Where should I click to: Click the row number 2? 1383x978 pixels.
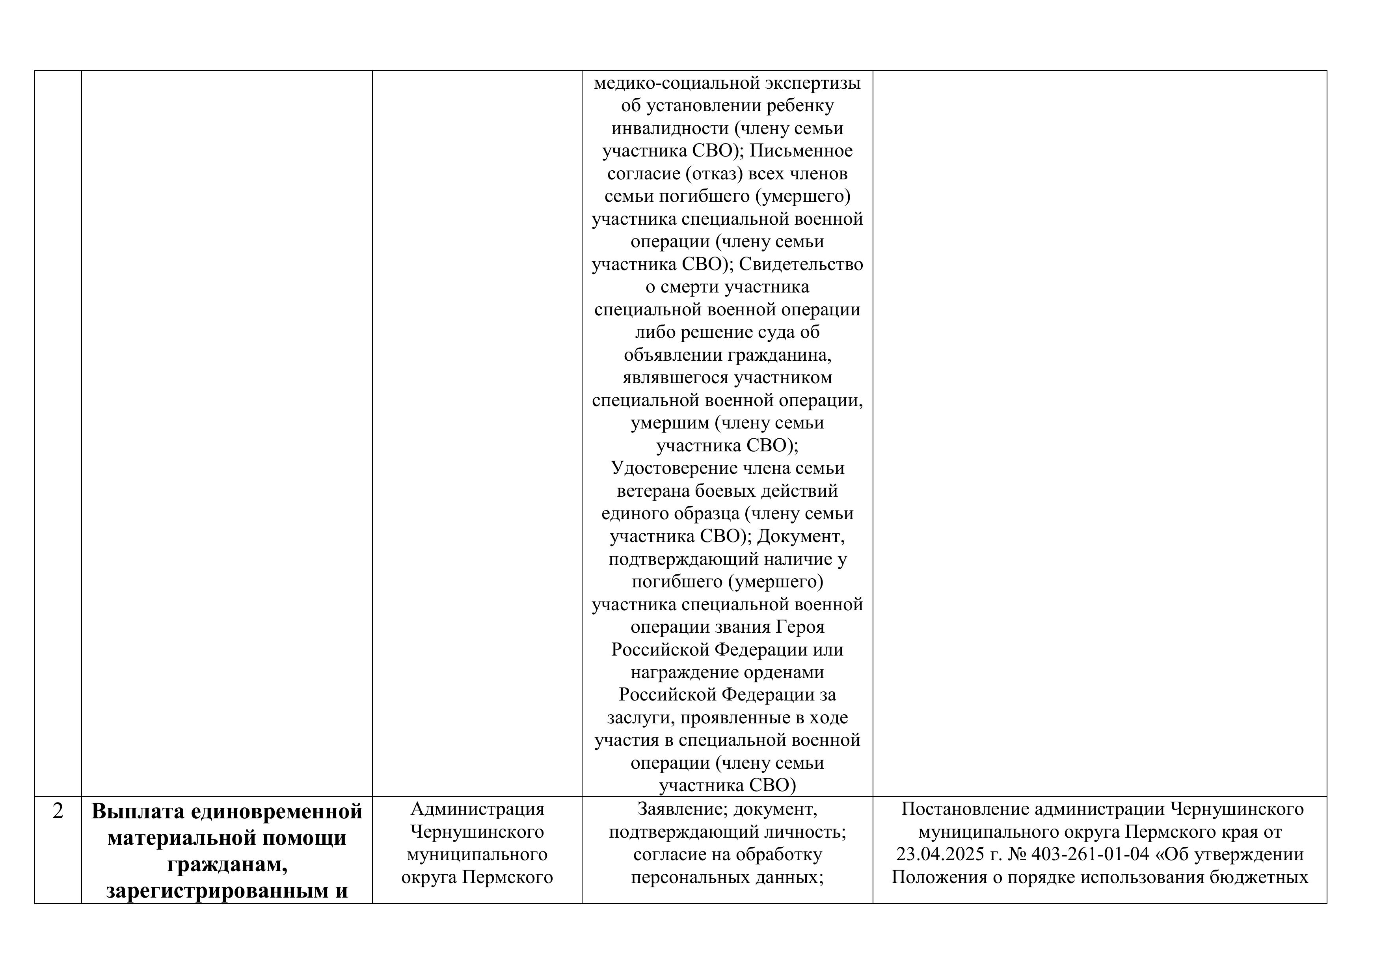(58, 812)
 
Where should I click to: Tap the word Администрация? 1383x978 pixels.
(477, 809)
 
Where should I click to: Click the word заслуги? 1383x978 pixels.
(635, 718)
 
